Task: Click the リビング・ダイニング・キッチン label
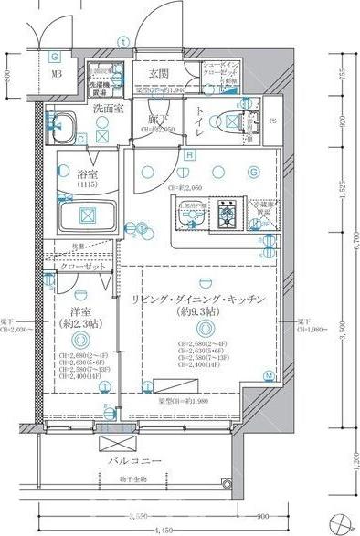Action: click(197, 299)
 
